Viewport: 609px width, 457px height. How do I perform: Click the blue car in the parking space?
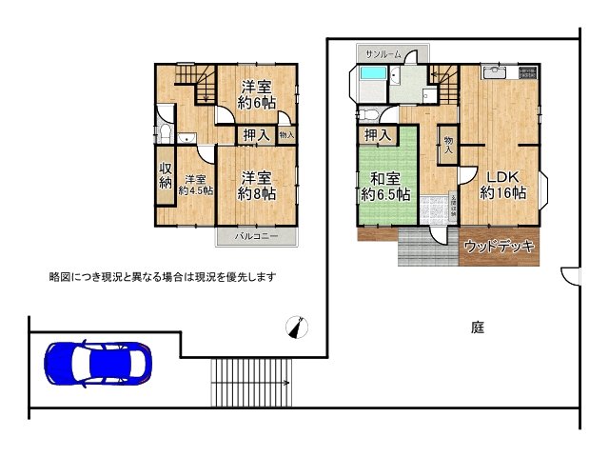pyautogui.click(x=97, y=362)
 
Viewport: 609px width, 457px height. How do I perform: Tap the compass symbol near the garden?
pyautogui.click(x=299, y=328)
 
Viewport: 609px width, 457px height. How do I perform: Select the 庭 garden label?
pyautogui.click(x=477, y=328)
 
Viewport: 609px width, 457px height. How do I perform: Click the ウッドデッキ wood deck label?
pyautogui.click(x=500, y=247)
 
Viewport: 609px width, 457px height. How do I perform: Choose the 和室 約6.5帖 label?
pyautogui.click(x=386, y=185)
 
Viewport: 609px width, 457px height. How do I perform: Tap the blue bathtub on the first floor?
pyautogui.click(x=374, y=76)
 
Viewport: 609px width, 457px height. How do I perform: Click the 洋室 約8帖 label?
pyautogui.click(x=256, y=185)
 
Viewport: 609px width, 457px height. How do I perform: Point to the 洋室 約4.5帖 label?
pyautogui.click(x=195, y=185)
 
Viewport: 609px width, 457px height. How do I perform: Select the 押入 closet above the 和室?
pyautogui.click(x=379, y=135)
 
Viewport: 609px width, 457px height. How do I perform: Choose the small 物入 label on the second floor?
pyautogui.click(x=286, y=134)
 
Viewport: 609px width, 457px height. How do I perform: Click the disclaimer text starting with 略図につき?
pyautogui.click(x=162, y=276)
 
